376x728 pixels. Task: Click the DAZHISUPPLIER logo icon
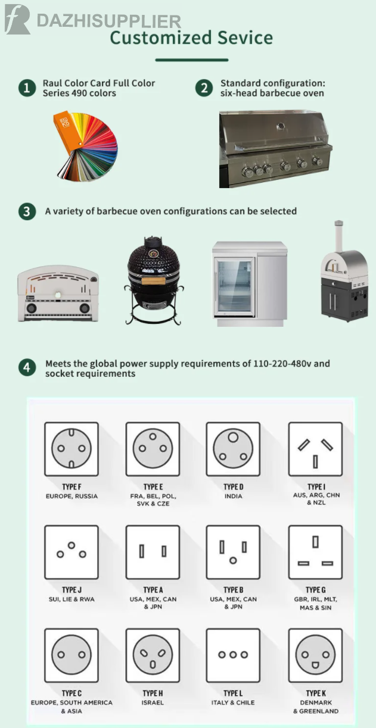(17, 20)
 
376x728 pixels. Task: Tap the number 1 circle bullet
(27, 88)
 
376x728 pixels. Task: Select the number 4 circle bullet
(27, 367)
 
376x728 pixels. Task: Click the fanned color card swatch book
(85, 146)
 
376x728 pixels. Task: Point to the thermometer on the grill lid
(281, 126)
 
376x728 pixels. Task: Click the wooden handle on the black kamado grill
(154, 280)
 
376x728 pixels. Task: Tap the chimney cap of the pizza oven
(338, 224)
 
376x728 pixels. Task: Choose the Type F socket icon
(72, 449)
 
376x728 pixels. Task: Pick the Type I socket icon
(315, 449)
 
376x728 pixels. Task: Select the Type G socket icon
(315, 552)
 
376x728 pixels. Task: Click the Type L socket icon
(233, 655)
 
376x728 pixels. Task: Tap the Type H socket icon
(153, 655)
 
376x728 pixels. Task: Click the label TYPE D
(233, 487)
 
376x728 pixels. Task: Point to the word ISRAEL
(153, 702)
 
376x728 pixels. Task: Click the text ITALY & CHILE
(233, 702)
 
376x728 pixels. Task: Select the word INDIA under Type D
(233, 496)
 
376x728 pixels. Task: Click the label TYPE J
(72, 590)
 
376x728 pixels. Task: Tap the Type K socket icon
(315, 655)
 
